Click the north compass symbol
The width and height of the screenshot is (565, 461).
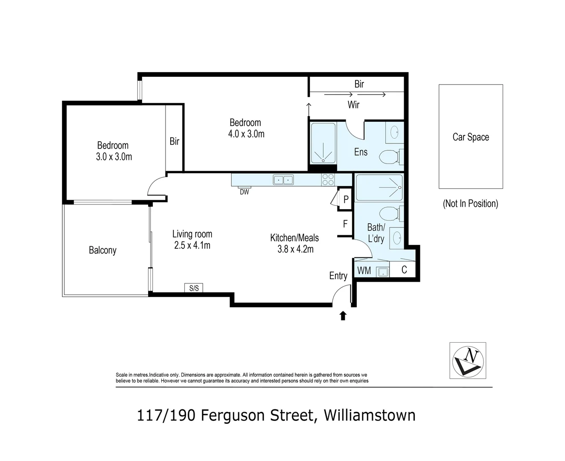tap(468, 361)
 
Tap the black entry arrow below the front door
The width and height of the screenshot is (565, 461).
tap(343, 315)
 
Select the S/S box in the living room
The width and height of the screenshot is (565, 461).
tap(194, 288)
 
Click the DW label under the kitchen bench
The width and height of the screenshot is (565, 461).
tap(244, 192)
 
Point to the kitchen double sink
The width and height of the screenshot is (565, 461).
tap(283, 180)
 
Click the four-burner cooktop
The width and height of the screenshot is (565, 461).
tap(328, 180)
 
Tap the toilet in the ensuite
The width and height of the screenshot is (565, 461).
tap(391, 156)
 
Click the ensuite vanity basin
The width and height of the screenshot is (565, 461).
tap(394, 132)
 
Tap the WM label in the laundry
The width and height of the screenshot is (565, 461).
tap(364, 270)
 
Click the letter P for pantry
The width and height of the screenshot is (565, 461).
tap(346, 199)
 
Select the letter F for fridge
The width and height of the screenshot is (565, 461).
tap(345, 223)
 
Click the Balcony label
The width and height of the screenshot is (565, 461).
tap(102, 250)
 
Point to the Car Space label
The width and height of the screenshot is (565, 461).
tap(471, 137)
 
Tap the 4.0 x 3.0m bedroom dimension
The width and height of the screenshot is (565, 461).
tap(246, 134)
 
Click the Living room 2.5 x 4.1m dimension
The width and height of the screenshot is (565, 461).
tap(192, 245)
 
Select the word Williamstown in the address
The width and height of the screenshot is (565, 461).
tap(370, 415)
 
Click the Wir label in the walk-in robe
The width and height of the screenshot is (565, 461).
tap(353, 105)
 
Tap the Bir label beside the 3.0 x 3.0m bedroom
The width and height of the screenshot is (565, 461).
tap(174, 141)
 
